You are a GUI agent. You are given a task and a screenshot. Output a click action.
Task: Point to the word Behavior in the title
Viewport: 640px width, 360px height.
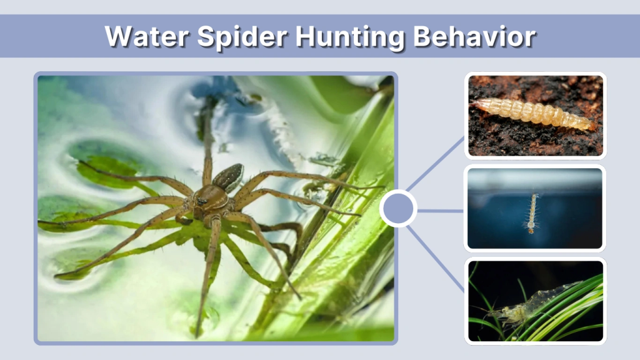pyautogui.click(x=474, y=37)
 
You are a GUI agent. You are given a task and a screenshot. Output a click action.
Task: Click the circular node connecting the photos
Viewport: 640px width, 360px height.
pyautogui.click(x=399, y=209)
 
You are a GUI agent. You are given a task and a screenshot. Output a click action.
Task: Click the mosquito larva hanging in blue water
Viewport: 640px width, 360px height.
pyautogui.click(x=532, y=211)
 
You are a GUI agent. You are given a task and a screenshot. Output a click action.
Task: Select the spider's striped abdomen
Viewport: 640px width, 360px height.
pyautogui.click(x=229, y=176)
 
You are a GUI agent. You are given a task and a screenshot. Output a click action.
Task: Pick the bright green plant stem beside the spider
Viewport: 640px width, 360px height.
pyautogui.click(x=350, y=262)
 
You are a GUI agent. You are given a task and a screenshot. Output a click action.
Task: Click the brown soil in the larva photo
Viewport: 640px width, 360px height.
pyautogui.click(x=500, y=141)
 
